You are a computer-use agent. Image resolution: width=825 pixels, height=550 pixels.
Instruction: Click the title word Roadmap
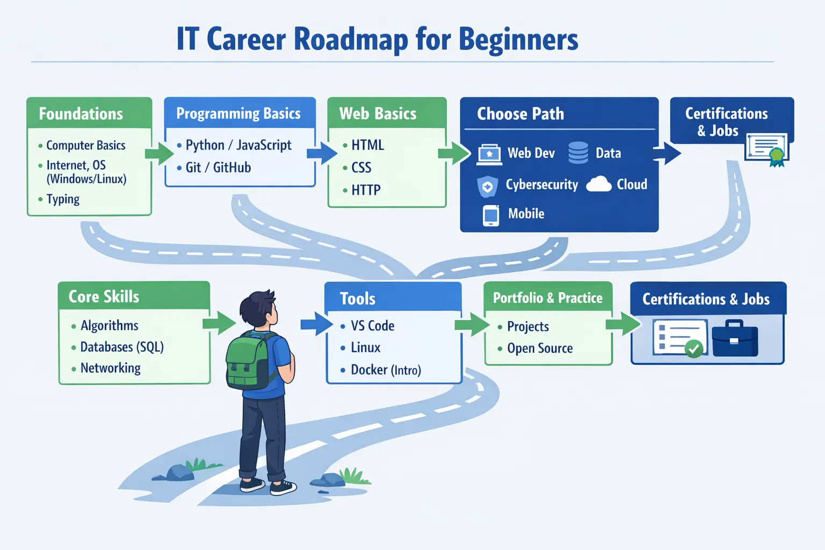pyautogui.click(x=351, y=39)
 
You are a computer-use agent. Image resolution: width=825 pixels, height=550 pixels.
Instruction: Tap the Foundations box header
pyautogui.click(x=89, y=113)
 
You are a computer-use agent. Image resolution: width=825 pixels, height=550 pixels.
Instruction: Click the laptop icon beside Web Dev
pyautogui.click(x=489, y=154)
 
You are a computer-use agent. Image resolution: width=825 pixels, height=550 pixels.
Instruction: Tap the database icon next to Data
pyautogui.click(x=578, y=153)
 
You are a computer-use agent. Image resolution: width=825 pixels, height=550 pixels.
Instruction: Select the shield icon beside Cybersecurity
pyautogui.click(x=487, y=186)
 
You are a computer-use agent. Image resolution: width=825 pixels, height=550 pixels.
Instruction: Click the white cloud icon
pyautogui.click(x=598, y=184)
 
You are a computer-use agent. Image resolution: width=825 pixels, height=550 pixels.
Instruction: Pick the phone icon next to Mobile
pyautogui.click(x=491, y=215)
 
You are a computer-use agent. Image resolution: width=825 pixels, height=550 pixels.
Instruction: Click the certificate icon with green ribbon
pyautogui.click(x=767, y=149)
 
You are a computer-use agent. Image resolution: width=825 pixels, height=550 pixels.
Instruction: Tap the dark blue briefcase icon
pyautogui.click(x=735, y=338)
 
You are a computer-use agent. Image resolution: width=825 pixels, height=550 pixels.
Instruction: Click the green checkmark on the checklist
pyautogui.click(x=694, y=348)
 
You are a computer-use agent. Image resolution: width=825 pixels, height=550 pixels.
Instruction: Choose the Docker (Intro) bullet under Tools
pyautogui.click(x=381, y=370)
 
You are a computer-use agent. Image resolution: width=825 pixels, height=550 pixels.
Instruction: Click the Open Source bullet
pyautogui.click(x=535, y=348)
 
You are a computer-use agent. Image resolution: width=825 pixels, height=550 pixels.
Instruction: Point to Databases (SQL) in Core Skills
pyautogui.click(x=118, y=347)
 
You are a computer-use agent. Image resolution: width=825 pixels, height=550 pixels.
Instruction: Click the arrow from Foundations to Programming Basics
pyautogui.click(x=159, y=153)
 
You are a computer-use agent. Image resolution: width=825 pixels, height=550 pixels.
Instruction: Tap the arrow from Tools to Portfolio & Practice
pyautogui.click(x=472, y=324)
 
